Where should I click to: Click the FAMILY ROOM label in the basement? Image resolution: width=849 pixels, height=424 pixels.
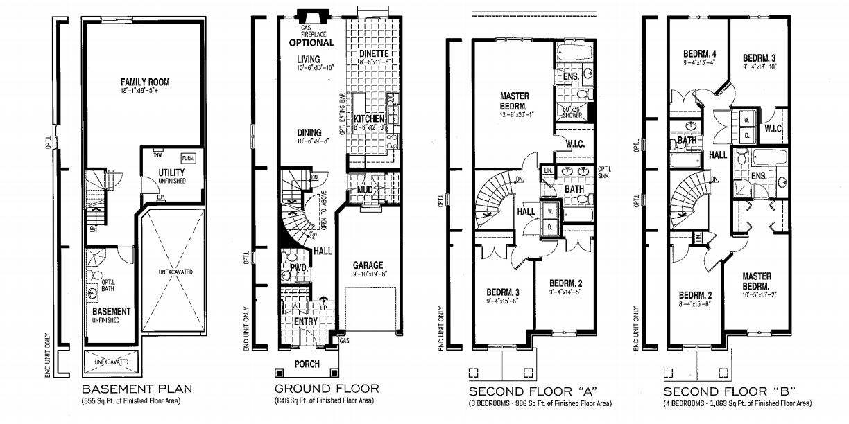[x=144, y=82]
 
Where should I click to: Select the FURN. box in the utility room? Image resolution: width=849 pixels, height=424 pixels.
[x=188, y=158]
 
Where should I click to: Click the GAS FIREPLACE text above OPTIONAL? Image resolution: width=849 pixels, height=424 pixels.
[x=311, y=31]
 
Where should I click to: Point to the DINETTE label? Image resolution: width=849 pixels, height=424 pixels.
[x=373, y=53]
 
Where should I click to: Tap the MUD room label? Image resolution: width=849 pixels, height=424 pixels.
[x=366, y=190]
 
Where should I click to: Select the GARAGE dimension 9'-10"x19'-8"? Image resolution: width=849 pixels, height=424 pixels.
[x=367, y=274]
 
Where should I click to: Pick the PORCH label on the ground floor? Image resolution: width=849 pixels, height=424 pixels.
[x=307, y=364]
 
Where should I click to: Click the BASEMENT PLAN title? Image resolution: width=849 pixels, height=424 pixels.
[x=137, y=389]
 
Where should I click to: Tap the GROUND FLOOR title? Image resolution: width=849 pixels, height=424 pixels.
[x=327, y=389]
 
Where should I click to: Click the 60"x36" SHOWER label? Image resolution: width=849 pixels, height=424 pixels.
[x=572, y=112]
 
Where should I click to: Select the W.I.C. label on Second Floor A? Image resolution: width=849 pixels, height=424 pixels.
[x=576, y=144]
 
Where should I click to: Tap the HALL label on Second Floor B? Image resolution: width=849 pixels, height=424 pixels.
[x=718, y=154]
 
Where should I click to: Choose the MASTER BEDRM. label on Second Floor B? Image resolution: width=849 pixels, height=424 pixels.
[x=755, y=281]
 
